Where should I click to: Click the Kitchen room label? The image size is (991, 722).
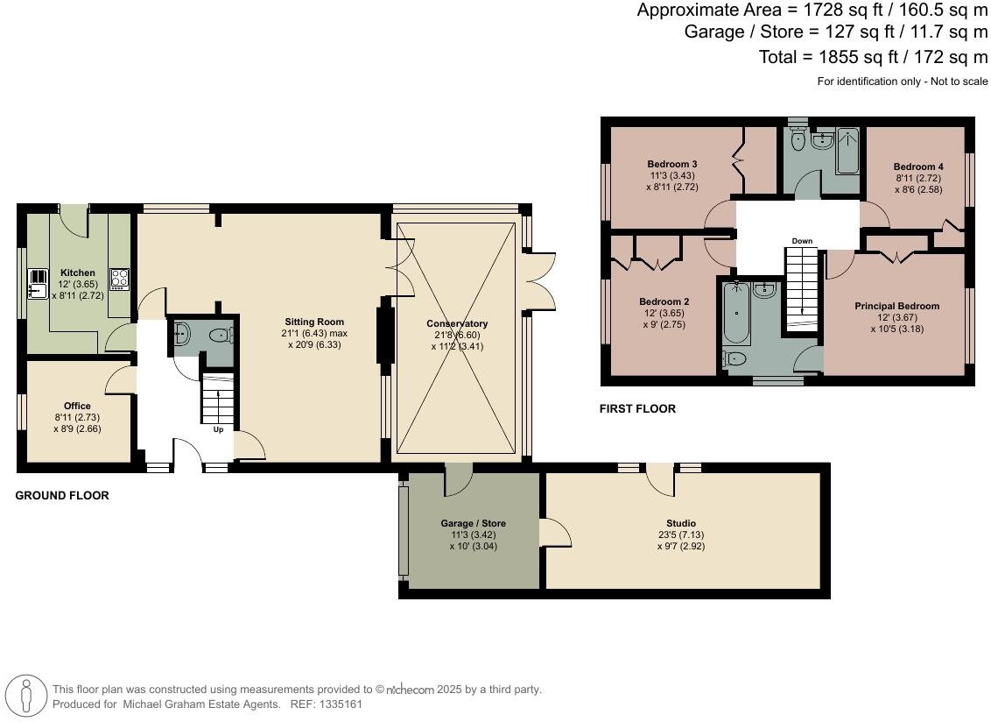click(77, 273)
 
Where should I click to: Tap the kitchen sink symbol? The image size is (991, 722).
click(38, 282)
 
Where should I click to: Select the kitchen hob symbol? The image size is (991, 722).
click(119, 279)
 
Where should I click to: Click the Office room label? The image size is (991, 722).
click(77, 406)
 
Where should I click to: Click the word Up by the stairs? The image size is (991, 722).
click(218, 430)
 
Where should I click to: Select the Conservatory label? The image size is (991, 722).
click(457, 324)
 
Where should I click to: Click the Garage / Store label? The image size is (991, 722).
click(473, 523)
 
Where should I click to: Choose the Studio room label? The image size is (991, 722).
click(680, 523)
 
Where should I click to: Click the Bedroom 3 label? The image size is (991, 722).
click(672, 164)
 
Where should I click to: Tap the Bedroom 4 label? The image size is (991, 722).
click(918, 166)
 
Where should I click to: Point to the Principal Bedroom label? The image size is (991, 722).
click(896, 307)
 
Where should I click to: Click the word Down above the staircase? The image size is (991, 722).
click(802, 241)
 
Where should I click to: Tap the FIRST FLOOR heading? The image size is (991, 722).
click(637, 409)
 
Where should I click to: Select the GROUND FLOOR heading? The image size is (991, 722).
click(62, 496)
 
